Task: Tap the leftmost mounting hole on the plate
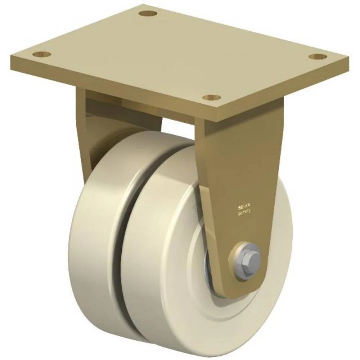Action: coord(42,55)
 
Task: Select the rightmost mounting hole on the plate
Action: coord(318,57)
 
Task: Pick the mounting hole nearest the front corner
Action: coord(211,97)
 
